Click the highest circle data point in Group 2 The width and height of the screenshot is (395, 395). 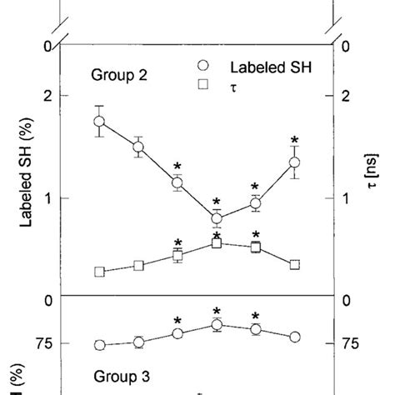point(99,122)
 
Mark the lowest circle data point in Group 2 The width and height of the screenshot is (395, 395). point(217,219)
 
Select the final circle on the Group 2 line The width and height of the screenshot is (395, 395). point(294,162)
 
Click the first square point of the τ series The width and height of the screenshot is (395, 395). point(99,272)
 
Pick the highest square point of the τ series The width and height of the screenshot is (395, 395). point(217,243)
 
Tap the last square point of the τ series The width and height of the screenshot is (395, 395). point(294,265)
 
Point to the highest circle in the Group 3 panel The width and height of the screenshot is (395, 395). point(217,325)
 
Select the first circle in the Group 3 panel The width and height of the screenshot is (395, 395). point(99,345)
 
